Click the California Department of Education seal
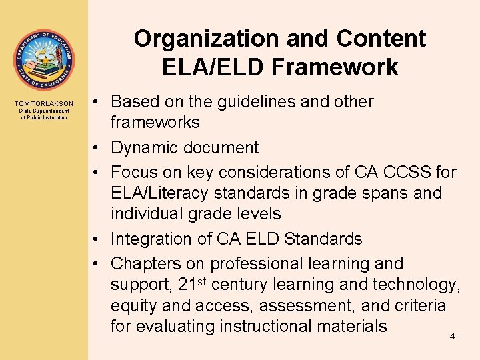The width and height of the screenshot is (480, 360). click(x=44, y=60)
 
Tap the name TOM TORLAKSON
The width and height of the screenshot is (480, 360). click(x=44, y=104)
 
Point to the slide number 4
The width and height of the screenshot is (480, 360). click(x=452, y=336)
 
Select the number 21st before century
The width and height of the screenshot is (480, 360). click(x=194, y=284)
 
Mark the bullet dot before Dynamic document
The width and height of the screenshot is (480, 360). click(x=97, y=147)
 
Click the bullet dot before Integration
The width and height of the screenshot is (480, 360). click(x=97, y=239)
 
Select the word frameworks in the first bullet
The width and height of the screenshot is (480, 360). click(x=155, y=123)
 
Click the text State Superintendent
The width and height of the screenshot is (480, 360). click(x=44, y=111)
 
